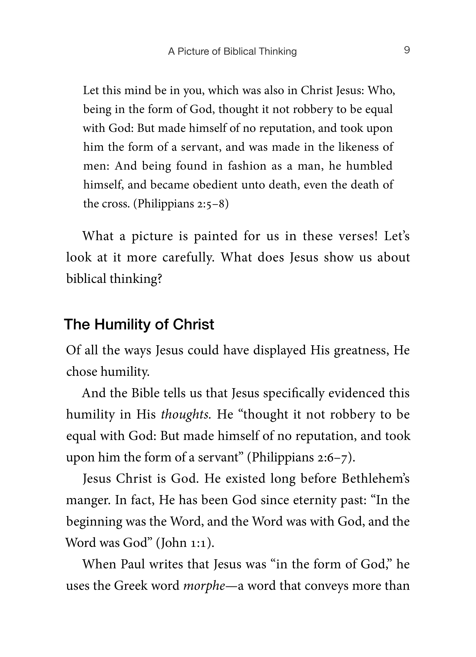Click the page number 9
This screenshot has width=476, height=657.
tap(407, 50)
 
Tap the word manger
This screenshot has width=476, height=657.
tap(88, 500)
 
